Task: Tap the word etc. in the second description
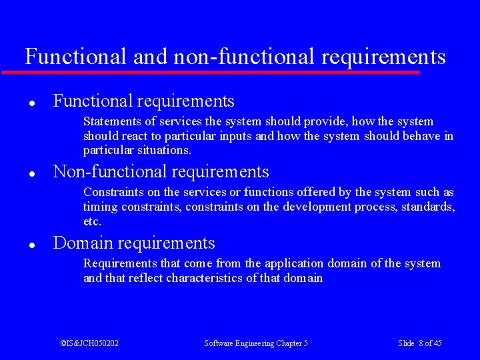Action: tap(92, 221)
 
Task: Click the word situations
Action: tap(167, 151)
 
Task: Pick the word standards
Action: tap(429, 207)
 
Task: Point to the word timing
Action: tap(98, 207)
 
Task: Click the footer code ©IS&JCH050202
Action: tap(89, 343)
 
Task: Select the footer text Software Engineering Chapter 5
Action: tap(256, 343)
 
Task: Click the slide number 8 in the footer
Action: tap(420, 343)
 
